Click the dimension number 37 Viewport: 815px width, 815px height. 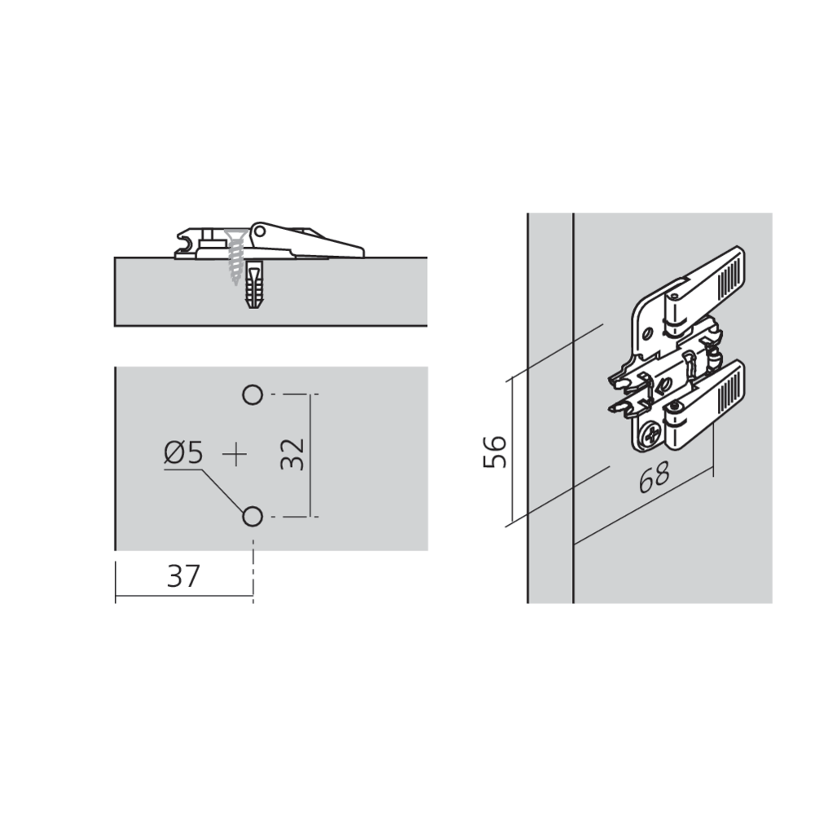click(183, 577)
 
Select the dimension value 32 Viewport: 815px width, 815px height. click(293, 454)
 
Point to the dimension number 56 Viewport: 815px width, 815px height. click(495, 451)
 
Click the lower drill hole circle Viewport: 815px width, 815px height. click(252, 516)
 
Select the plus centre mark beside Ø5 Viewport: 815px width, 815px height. click(236, 454)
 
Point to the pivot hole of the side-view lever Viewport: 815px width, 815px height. click(260, 231)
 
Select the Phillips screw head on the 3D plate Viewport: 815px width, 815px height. click(653, 436)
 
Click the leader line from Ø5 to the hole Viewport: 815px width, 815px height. click(224, 489)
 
